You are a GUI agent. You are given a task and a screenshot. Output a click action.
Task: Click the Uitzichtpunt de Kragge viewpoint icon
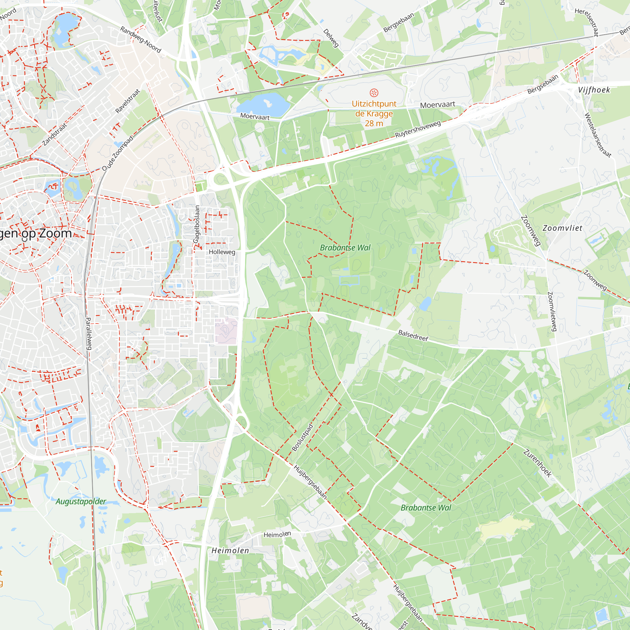[374, 93]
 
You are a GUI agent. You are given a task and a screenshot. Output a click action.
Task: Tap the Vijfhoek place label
[593, 90]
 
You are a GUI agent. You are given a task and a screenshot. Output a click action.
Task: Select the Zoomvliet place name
[562, 228]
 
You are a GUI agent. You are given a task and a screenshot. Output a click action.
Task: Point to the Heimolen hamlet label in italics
[230, 550]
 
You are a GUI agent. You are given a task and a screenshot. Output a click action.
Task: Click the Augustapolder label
[81, 501]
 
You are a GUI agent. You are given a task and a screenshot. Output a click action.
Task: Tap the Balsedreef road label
[413, 335]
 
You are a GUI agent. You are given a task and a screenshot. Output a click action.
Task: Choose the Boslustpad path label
[302, 438]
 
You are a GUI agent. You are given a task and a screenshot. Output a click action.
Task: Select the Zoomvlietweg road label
[552, 312]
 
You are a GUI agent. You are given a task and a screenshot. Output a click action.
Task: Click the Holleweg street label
[222, 252]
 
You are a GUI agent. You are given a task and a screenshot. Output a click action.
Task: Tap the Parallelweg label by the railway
[89, 334]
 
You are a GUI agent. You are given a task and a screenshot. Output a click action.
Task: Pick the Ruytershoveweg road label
[418, 129]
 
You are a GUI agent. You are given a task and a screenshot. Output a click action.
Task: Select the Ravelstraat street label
[128, 101]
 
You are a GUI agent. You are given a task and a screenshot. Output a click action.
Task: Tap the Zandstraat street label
[55, 134]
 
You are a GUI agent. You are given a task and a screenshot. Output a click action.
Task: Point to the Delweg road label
[331, 38]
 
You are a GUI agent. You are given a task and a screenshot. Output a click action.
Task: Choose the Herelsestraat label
[587, 22]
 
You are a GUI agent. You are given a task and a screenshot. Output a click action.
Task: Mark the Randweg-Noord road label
[140, 39]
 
